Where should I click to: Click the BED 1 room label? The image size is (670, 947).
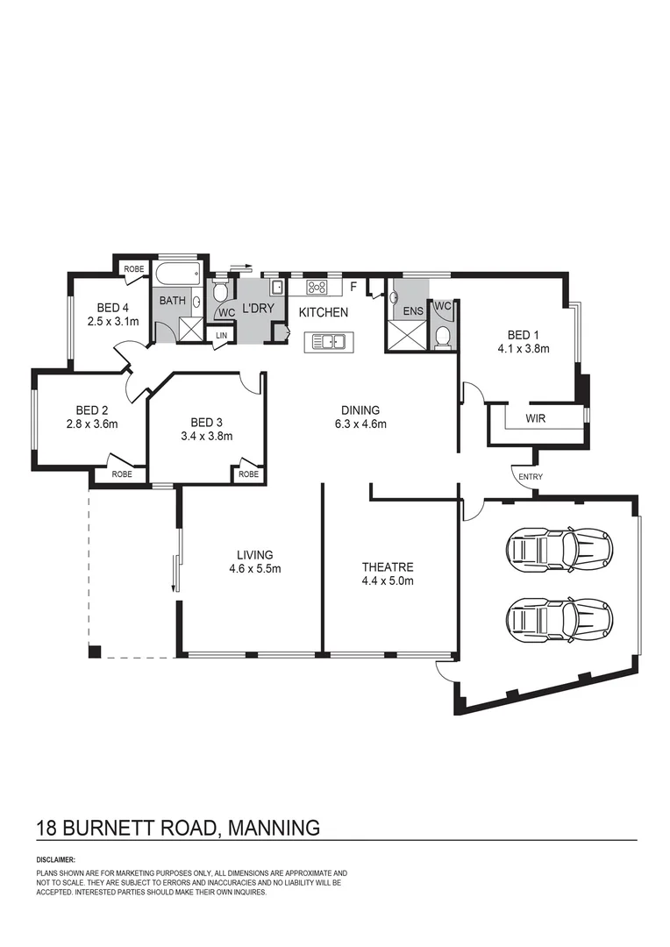(x=520, y=334)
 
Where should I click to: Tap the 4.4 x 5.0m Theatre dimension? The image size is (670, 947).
(x=387, y=580)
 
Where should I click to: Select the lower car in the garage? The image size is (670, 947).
(x=558, y=616)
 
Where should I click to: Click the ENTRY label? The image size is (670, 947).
(x=531, y=477)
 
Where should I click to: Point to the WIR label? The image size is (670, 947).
(x=535, y=418)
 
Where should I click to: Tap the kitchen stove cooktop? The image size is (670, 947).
(x=317, y=287)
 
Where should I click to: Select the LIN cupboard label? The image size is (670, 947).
(x=221, y=335)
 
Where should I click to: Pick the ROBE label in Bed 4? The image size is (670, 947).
(x=133, y=269)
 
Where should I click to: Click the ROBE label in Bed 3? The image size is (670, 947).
(x=248, y=473)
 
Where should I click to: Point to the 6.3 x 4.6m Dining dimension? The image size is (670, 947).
(x=360, y=424)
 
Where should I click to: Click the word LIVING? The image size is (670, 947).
(x=254, y=554)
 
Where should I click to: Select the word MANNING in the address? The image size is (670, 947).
(x=274, y=827)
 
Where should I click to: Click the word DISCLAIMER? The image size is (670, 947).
(x=56, y=860)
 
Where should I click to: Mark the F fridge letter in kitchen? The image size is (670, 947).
(x=353, y=287)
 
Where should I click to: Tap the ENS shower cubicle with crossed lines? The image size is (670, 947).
(x=405, y=336)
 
